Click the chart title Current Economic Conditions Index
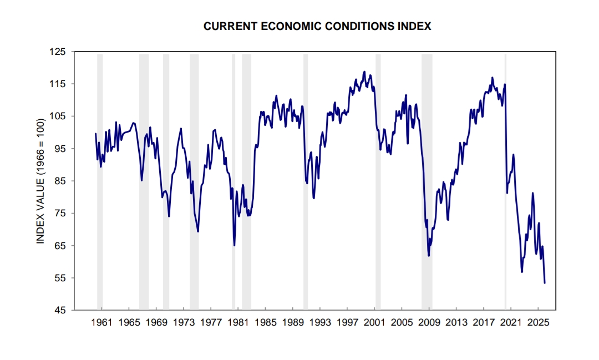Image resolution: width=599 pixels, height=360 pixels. pyautogui.click(x=317, y=26)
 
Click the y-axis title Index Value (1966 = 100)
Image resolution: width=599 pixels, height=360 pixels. pyautogui.click(x=40, y=181)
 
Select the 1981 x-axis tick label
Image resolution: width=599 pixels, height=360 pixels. pyautogui.click(x=238, y=322)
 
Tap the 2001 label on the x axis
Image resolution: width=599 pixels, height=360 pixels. pyautogui.click(x=374, y=322)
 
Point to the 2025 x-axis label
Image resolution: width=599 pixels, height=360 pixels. pyautogui.click(x=538, y=322)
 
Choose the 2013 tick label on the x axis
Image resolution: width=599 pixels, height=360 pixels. pyautogui.click(x=456, y=322)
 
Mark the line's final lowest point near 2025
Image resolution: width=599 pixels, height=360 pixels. pyautogui.click(x=545, y=283)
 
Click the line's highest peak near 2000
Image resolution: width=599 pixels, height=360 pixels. pyautogui.click(x=364, y=72)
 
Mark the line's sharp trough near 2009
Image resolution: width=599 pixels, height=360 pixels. pyautogui.click(x=429, y=255)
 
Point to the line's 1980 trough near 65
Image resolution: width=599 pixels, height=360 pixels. pyautogui.click(x=235, y=245)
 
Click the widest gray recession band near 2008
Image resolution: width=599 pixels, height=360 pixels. pyautogui.click(x=427, y=166)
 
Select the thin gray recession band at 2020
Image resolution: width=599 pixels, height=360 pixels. pyautogui.click(x=505, y=166)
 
